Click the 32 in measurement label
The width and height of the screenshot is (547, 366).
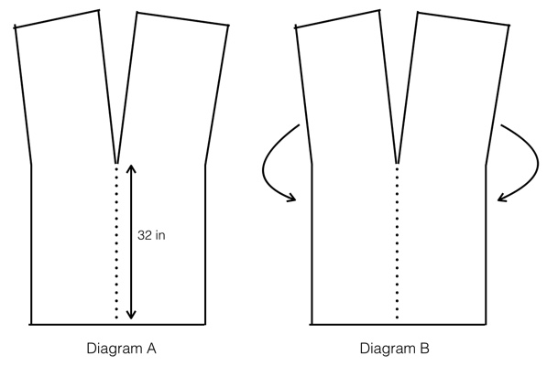point(151,235)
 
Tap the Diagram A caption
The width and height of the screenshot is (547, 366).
point(121,349)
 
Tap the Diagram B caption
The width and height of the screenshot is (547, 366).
point(395,349)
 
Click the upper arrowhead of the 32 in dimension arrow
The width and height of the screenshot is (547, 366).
point(131,167)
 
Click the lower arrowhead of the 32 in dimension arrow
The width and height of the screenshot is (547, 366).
point(131,317)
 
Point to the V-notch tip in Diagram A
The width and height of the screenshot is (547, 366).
point(116,163)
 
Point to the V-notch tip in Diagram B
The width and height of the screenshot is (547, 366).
point(397,163)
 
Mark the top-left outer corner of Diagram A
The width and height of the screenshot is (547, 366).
point(15,27)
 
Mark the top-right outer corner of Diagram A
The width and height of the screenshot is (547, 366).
point(228,26)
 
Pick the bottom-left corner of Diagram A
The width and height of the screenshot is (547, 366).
point(31,325)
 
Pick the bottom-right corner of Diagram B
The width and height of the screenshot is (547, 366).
point(486,325)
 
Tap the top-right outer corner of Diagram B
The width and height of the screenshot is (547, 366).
point(509,26)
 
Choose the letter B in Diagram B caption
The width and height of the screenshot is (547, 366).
point(425,348)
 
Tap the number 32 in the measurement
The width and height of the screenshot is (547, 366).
point(145,235)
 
